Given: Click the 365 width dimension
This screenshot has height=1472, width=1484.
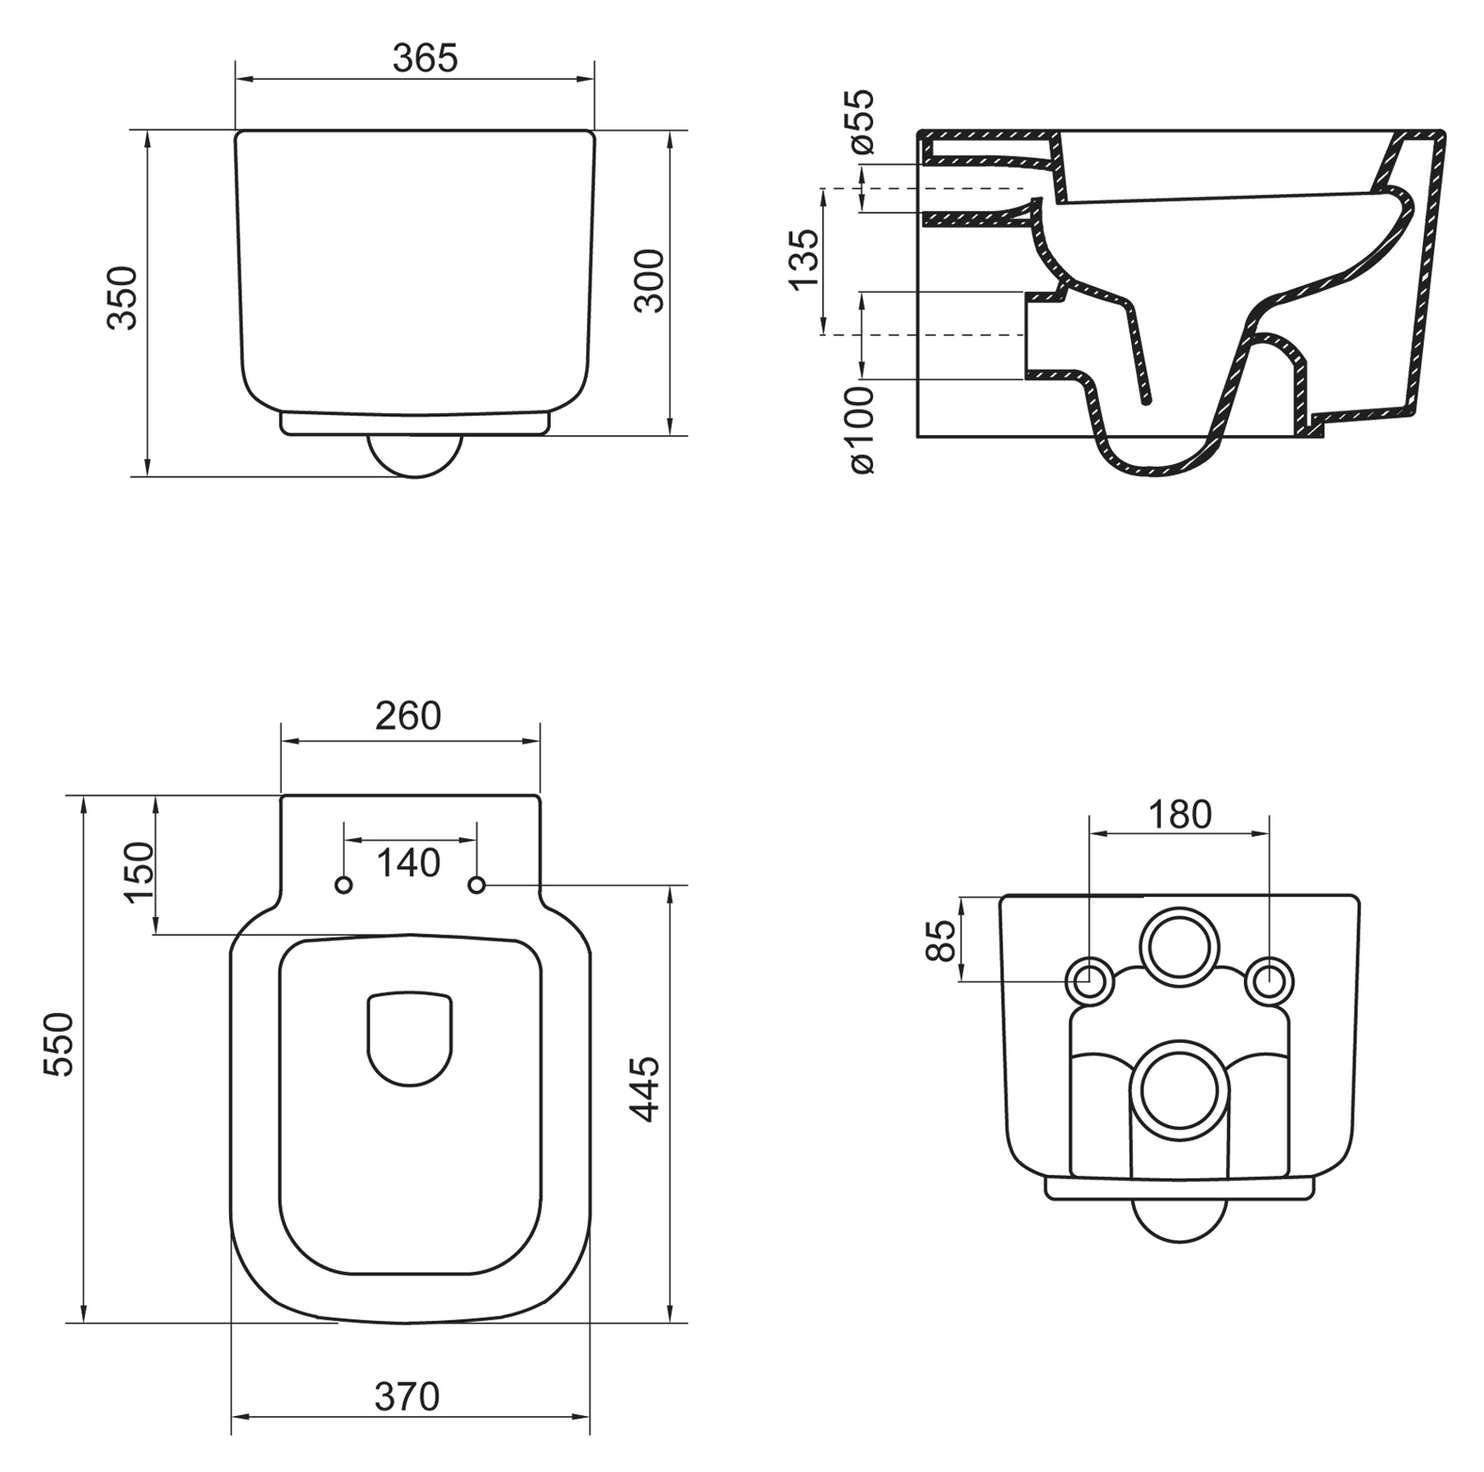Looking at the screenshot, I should pyautogui.click(x=425, y=59).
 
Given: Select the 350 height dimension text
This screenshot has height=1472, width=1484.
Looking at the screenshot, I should pyautogui.click(x=123, y=298).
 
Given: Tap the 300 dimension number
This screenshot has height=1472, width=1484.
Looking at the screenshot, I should pyautogui.click(x=650, y=281).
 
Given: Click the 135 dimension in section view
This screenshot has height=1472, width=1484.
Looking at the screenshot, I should pyautogui.click(x=805, y=260).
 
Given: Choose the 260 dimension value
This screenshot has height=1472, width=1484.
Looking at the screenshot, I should pyautogui.click(x=408, y=716).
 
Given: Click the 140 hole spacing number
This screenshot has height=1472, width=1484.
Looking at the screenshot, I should pyautogui.click(x=408, y=864).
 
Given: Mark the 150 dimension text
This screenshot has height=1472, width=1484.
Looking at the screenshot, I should pyautogui.click(x=139, y=873).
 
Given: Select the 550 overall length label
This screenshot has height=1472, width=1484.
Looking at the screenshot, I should pyautogui.click(x=59, y=1045).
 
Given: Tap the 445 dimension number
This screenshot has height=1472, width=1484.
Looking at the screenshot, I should pyautogui.click(x=646, y=1089).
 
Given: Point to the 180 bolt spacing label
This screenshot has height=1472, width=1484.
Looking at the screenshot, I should pyautogui.click(x=1180, y=815).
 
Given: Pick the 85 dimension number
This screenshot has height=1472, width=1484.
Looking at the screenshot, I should pyautogui.click(x=941, y=940).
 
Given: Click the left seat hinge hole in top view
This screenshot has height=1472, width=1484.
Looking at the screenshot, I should pyautogui.click(x=344, y=885).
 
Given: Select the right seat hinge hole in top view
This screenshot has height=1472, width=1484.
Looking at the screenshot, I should pyautogui.click(x=477, y=885).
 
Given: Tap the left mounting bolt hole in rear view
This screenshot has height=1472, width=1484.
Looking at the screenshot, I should pyautogui.click(x=1090, y=982).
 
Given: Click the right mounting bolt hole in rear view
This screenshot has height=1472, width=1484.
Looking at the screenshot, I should pyautogui.click(x=1269, y=982).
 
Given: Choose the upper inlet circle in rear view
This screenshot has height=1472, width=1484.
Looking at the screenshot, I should pyautogui.click(x=1180, y=947).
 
